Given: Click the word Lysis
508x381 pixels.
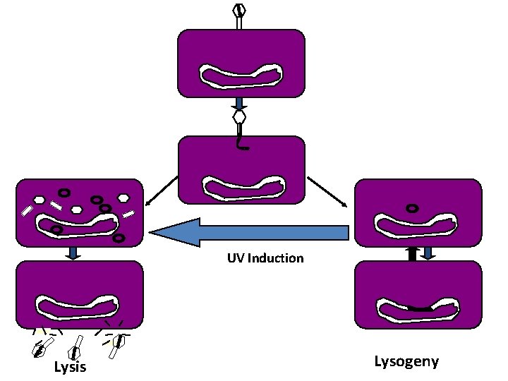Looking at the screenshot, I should coord(70,367).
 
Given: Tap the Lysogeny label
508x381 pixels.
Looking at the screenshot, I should coord(406,361).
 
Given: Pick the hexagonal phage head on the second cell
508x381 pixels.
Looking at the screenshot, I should coord(240,116).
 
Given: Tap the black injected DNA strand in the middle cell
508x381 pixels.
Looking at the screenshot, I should coord(243,143).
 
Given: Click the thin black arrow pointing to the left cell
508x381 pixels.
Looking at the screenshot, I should coord(161,193).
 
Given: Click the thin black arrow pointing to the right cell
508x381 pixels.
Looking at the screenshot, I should coord(327,191).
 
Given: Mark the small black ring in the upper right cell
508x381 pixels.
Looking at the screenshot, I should coord(411,208).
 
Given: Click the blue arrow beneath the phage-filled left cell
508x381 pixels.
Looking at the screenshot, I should coord(73,252).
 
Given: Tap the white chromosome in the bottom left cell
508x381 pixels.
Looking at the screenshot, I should coord(78,307).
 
